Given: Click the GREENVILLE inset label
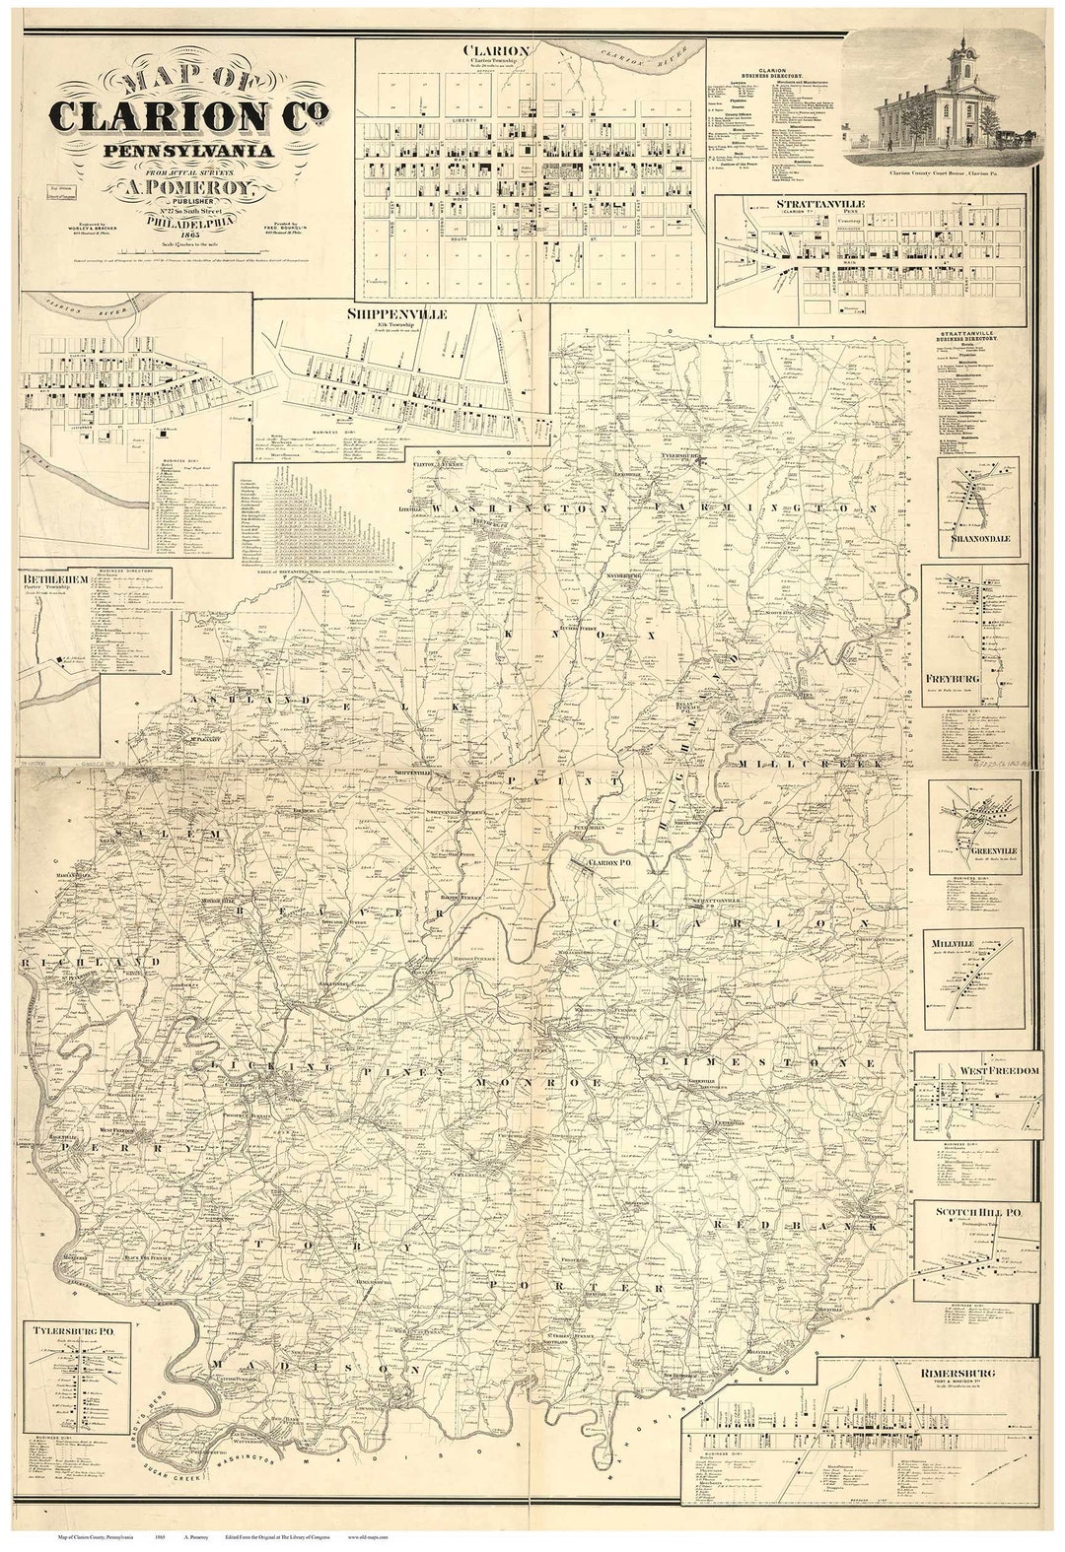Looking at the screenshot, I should click(x=975, y=848).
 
